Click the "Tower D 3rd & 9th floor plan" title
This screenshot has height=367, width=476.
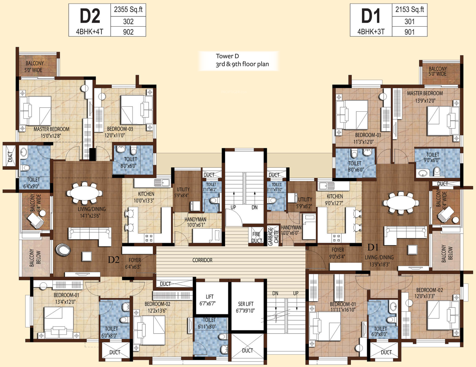pyautogui.click(x=242, y=60)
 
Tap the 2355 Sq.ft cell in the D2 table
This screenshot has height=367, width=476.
pyautogui.click(x=128, y=10)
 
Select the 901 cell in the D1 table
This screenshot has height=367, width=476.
pyautogui.click(x=409, y=32)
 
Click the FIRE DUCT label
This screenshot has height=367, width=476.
pyautogui.click(x=257, y=237)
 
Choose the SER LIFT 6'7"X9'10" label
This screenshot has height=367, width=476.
pyautogui.click(x=246, y=307)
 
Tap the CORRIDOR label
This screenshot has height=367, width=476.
pyautogui.click(x=202, y=260)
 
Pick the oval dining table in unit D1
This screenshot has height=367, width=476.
pyautogui.click(x=401, y=202)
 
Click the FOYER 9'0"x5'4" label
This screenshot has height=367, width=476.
pyautogui.click(x=338, y=253)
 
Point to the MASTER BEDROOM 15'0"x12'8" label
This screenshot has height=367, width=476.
pyautogui.click(x=51, y=132)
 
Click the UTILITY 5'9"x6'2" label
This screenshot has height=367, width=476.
pyautogui.click(x=305, y=203)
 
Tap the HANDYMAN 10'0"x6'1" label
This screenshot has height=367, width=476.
pyautogui.click(x=196, y=222)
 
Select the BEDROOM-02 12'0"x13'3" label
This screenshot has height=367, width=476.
pyautogui.click(x=430, y=293)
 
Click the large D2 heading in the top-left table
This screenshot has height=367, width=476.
pyautogui.click(x=90, y=16)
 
